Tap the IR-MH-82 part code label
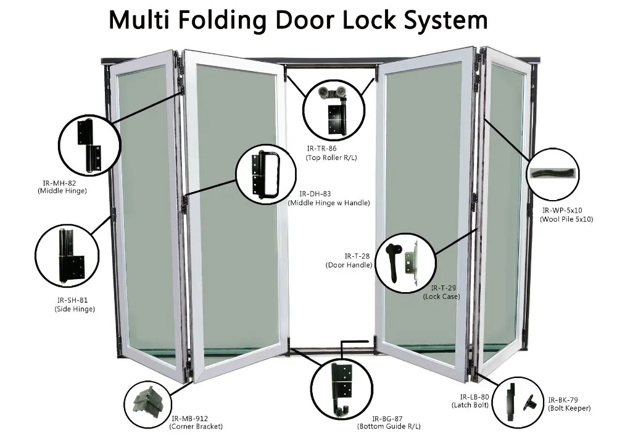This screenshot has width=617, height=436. click(59, 183)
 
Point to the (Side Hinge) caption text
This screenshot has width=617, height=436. click(75, 309)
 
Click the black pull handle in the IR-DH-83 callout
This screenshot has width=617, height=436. click(270, 174)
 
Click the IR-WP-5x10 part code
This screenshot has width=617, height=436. click(565, 210)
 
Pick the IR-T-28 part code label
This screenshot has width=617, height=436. click(357, 256)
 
